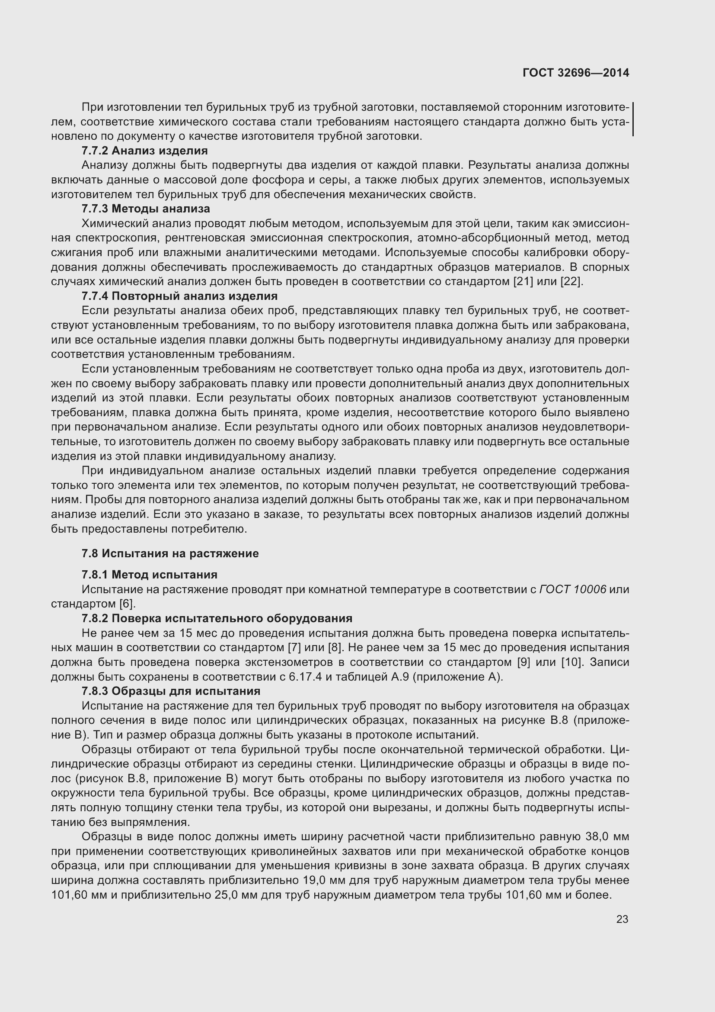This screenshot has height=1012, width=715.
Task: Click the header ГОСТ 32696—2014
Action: pyautogui.click(x=575, y=73)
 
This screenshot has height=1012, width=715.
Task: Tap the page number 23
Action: pyautogui.click(x=622, y=919)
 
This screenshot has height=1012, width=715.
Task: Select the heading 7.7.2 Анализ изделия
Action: pyautogui.click(x=144, y=151)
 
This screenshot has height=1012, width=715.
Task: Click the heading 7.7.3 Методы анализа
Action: pyautogui.click(x=146, y=209)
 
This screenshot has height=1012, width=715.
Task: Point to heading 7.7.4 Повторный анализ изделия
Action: pyautogui.click(x=180, y=296)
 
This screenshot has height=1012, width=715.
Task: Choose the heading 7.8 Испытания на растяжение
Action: pyautogui.click(x=170, y=554)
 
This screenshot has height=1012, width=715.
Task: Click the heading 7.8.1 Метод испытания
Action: pyautogui.click(x=149, y=575)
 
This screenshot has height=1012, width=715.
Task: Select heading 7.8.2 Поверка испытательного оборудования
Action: pyautogui.click(x=217, y=618)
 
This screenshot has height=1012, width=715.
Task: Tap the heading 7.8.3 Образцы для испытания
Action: pyautogui.click(x=171, y=691)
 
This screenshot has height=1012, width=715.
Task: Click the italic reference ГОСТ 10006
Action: pyautogui.click(x=572, y=589)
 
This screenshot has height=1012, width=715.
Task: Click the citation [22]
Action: pyautogui.click(x=571, y=281)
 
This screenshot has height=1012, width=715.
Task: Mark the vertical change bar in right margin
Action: pyautogui.click(x=633, y=119)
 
